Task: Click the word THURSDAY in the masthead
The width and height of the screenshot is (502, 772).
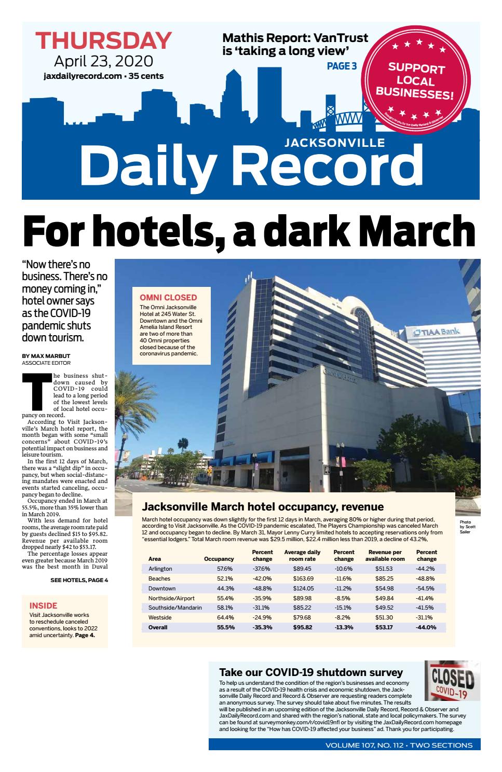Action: click(104, 40)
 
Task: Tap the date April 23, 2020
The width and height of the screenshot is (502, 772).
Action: click(104, 61)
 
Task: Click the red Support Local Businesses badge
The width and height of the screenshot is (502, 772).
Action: click(413, 80)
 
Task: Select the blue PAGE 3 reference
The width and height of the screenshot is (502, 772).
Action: click(342, 66)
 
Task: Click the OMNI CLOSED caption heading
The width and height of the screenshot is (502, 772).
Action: click(168, 297)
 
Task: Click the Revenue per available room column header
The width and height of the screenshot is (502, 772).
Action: click(385, 555)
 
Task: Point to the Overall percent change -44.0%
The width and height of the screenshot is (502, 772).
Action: click(426, 627)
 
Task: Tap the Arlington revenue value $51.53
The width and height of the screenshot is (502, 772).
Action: click(384, 569)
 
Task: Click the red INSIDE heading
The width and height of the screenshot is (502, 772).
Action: click(43, 605)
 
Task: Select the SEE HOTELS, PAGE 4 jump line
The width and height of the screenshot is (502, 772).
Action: click(79, 580)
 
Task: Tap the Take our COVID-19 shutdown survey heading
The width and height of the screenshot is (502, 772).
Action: click(310, 672)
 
